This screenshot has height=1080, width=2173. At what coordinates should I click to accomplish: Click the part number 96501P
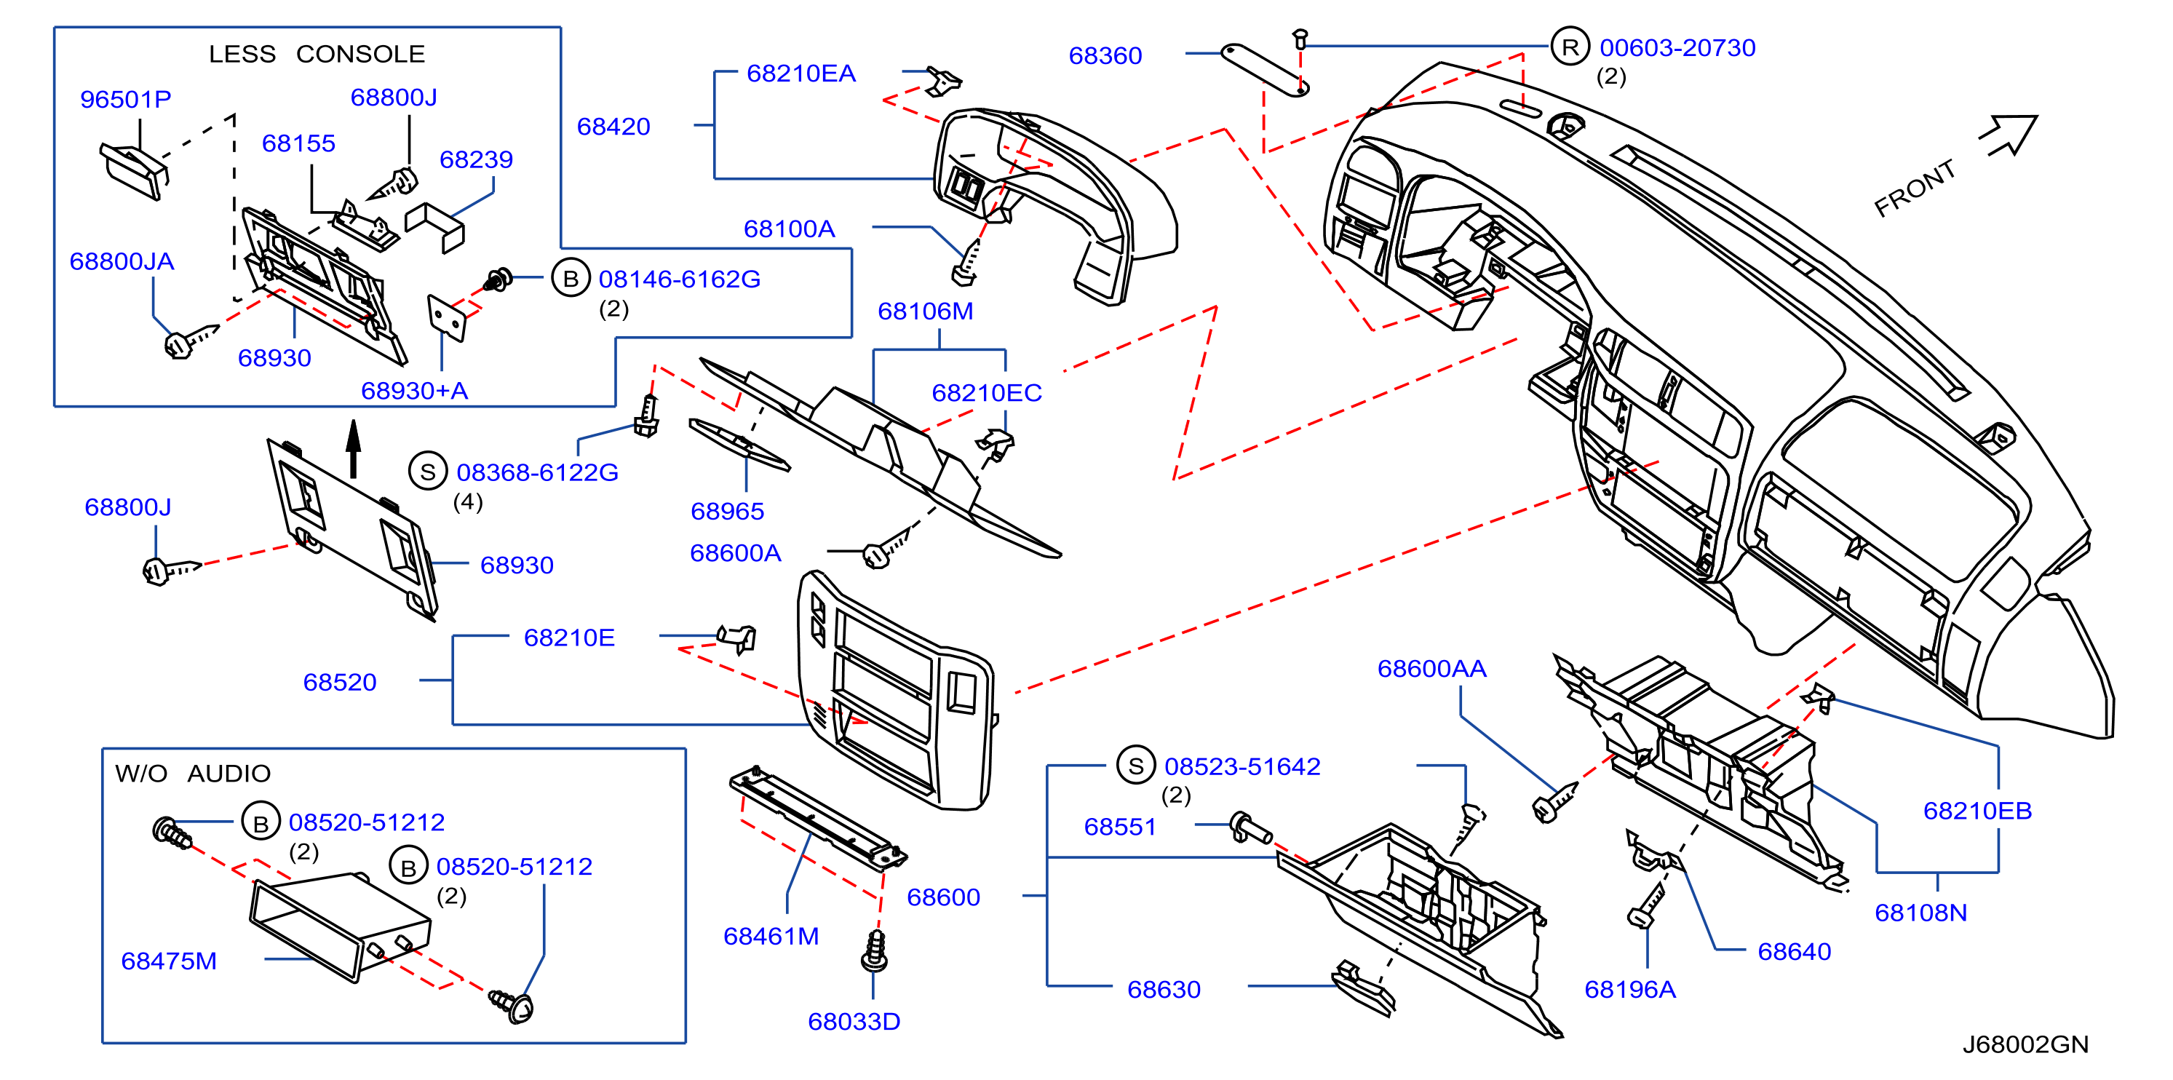(126, 100)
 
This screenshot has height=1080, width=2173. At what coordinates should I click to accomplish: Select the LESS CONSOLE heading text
(317, 54)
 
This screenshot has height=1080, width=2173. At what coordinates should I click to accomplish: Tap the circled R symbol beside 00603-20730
(1570, 47)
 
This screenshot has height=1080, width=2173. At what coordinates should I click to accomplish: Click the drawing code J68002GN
(2025, 1044)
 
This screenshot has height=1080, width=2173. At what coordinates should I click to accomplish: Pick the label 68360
(1105, 56)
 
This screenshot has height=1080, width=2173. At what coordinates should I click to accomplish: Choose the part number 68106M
(926, 311)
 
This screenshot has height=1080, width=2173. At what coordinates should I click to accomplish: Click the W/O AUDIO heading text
(193, 773)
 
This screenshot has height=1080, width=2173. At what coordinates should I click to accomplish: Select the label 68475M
(169, 961)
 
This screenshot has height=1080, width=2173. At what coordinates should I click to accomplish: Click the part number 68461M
(771, 937)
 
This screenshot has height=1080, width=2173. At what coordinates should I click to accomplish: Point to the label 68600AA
(1431, 669)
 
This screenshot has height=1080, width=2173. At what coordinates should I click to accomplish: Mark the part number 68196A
(1630, 990)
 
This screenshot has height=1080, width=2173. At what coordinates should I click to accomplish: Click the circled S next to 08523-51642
(1135, 766)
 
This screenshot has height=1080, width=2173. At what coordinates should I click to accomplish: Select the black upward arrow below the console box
(354, 449)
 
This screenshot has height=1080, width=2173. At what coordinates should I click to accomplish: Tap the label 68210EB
(1977, 811)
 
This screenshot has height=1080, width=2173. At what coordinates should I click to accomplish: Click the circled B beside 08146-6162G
(571, 279)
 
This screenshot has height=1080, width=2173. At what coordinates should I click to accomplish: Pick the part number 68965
(727, 512)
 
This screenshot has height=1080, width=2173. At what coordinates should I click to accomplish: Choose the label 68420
(613, 127)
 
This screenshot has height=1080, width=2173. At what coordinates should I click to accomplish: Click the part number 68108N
(1920, 913)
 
